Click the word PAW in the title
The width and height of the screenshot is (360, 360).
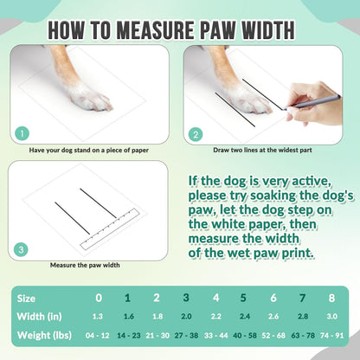pos(218,30)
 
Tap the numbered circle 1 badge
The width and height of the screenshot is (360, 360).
pos(22,134)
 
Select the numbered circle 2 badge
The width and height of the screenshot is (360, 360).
pos(196,135)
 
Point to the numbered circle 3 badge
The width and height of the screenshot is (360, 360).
pos(21,249)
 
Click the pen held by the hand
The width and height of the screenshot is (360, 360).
pos(312,103)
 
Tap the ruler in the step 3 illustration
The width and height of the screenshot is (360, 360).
pos(110,229)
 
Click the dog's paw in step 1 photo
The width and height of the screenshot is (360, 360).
pos(89,97)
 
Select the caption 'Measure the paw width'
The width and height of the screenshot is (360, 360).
pos(85,265)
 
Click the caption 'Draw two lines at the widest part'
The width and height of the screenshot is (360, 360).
pos(262,150)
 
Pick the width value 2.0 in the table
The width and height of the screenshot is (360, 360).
pos(186,317)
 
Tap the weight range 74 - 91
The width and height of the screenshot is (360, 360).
pos(331,336)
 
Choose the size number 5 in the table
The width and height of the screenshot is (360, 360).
pos(243,298)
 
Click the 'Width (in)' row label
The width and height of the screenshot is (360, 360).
pos(39,317)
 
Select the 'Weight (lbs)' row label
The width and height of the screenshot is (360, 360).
pos(44,335)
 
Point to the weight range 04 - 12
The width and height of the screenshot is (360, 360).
pos(98,336)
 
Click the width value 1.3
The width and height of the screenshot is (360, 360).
pos(98,317)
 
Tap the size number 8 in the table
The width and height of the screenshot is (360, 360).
pos(331,298)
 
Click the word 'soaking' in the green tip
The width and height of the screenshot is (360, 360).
pos(273,196)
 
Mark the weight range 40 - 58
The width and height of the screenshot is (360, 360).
pos(245,336)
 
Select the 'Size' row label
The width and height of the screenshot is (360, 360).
pos(26,299)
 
